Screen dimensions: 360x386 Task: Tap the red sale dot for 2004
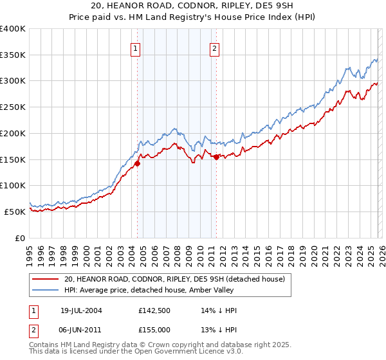point(137,163)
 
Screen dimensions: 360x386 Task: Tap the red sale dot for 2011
point(216,157)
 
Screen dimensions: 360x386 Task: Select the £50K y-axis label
point(15,212)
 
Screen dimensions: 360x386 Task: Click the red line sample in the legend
point(45,279)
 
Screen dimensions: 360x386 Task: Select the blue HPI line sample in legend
point(45,291)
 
